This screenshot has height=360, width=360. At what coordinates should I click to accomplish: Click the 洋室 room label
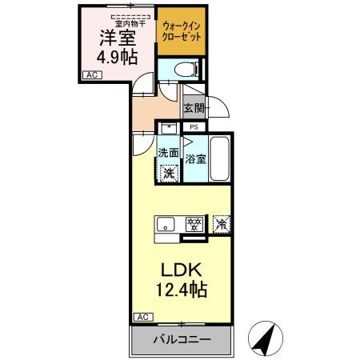(x=116, y=37)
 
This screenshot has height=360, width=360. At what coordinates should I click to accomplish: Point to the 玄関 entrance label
(x=194, y=108)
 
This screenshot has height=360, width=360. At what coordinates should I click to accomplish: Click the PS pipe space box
(x=193, y=126)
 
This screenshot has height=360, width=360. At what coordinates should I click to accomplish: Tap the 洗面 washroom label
(x=167, y=153)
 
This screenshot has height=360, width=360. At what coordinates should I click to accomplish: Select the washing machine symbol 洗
(x=169, y=171)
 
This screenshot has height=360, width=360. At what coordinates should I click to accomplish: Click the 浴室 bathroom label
(x=195, y=158)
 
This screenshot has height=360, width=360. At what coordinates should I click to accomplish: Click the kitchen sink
(x=167, y=225)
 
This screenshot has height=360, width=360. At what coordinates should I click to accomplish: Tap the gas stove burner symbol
(x=193, y=225)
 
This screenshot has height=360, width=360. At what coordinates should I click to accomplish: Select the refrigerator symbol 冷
(x=221, y=225)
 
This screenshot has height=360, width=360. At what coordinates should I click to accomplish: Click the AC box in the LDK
(x=142, y=317)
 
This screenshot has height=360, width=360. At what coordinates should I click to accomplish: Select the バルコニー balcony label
(x=183, y=339)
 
